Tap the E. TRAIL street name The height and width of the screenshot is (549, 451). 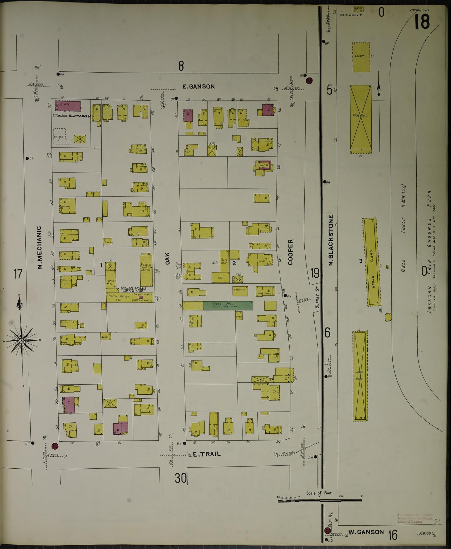point(206,454)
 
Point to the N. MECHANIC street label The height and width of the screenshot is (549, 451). point(40,247)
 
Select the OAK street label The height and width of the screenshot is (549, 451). point(168,259)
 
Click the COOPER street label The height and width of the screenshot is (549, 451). point(291,252)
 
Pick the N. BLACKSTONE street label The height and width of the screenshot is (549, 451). point(331,240)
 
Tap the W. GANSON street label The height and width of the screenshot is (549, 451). point(366,532)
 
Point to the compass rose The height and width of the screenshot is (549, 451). point(21,340)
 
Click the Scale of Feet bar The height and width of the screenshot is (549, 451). point(320,500)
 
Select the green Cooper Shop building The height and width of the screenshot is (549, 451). point(228,305)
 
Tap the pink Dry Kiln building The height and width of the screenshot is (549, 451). point(68,106)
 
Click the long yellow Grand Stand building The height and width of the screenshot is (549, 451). point(371,262)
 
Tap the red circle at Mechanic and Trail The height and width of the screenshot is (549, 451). point(55,446)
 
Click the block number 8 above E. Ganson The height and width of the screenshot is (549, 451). point(181,66)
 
